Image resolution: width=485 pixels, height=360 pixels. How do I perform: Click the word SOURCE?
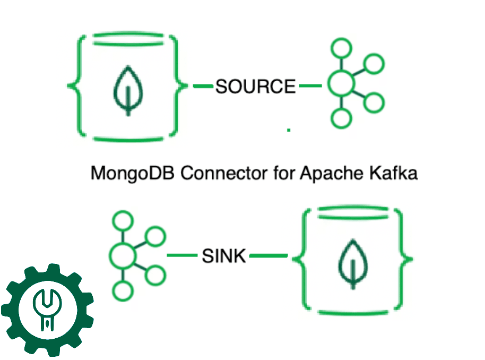coord(255,86)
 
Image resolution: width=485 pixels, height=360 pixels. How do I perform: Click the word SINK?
coord(224,256)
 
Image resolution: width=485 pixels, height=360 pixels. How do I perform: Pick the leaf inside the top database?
coord(127,90)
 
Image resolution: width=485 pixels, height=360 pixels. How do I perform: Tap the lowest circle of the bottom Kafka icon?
coord(123,290)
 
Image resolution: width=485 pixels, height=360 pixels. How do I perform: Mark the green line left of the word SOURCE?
coord(203,85)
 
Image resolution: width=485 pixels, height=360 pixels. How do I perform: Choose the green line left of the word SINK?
coord(182,256)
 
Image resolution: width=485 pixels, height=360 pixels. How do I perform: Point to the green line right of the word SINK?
coord(268,256)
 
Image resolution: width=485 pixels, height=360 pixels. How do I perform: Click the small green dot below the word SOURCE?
coord(289,129)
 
